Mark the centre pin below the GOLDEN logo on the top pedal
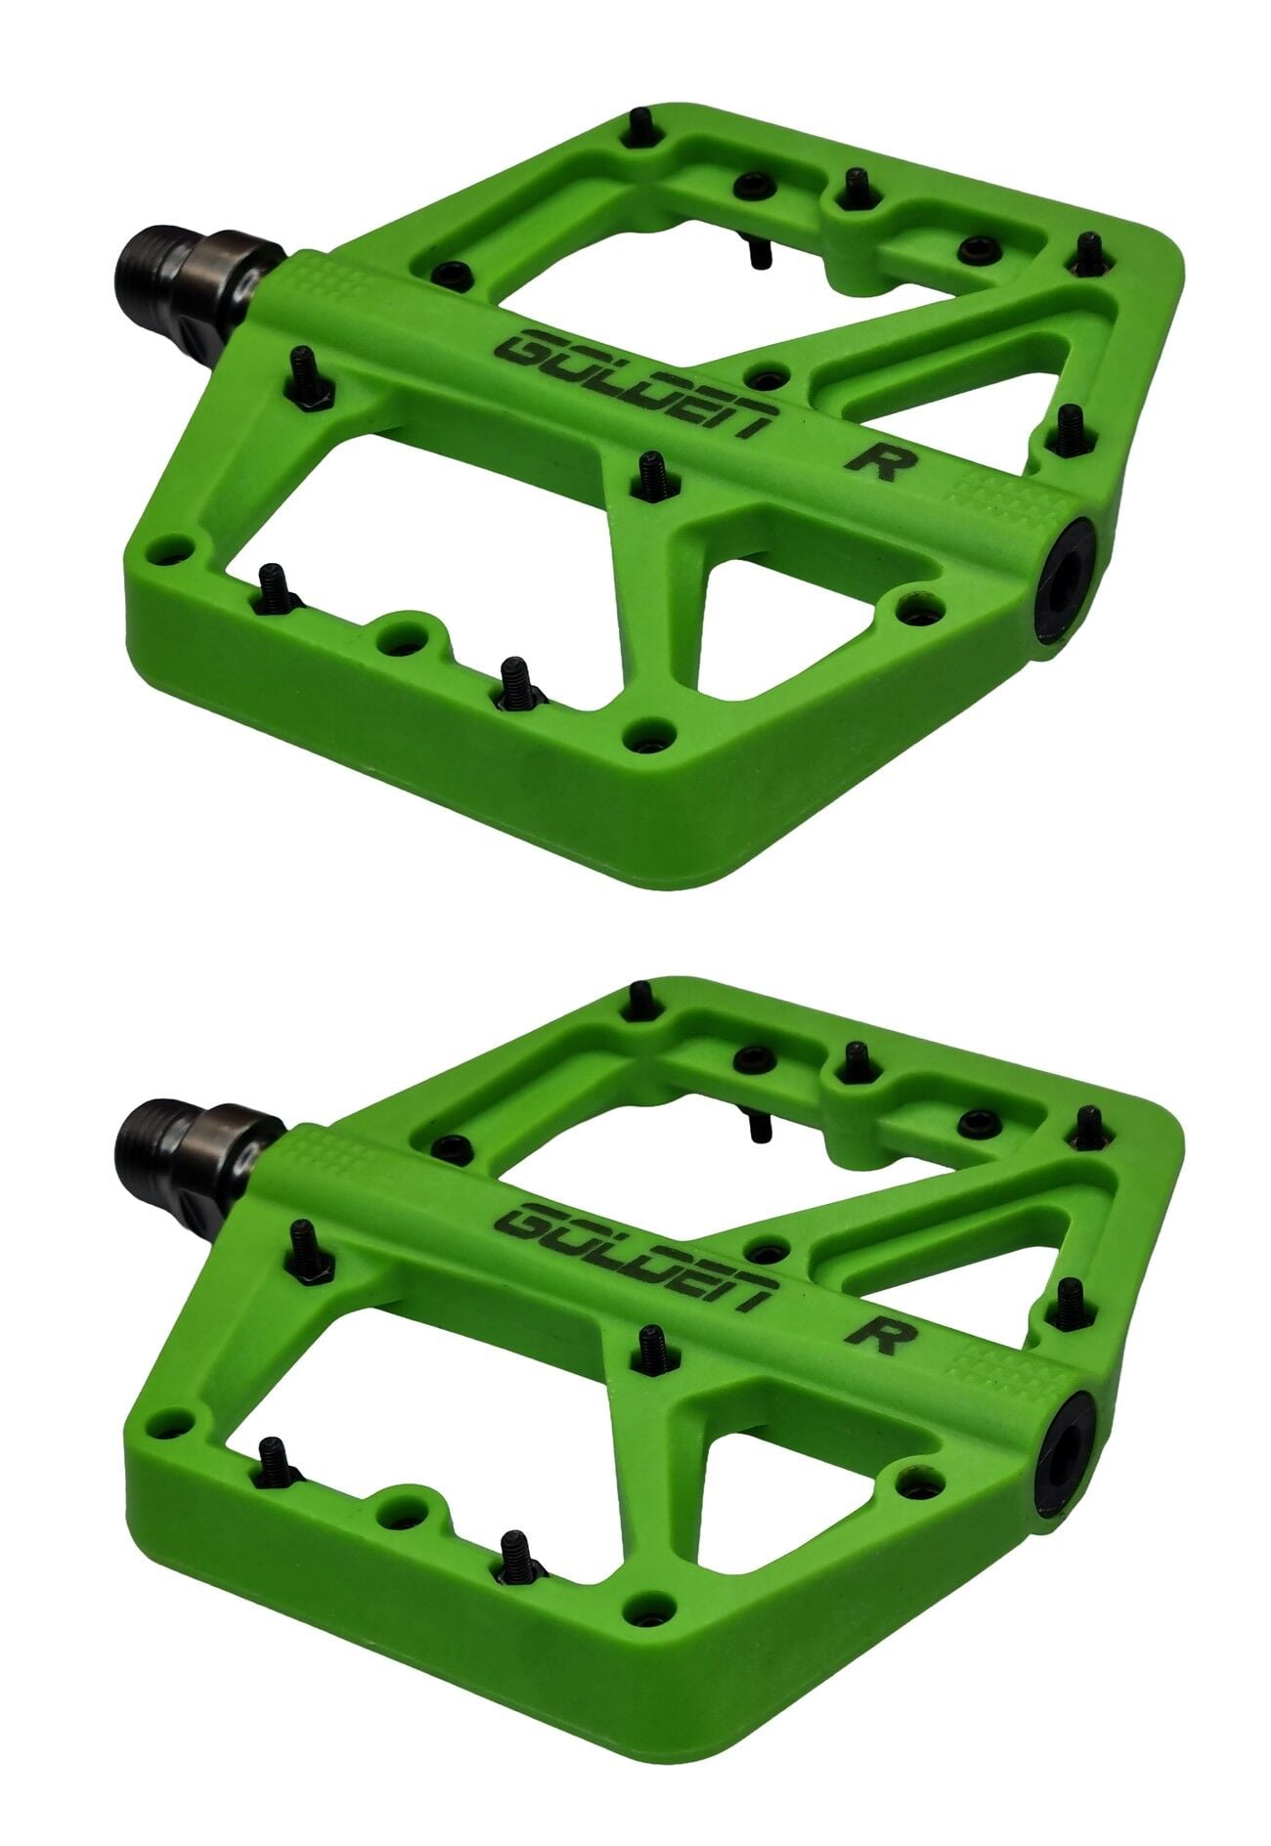pos(648,473)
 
